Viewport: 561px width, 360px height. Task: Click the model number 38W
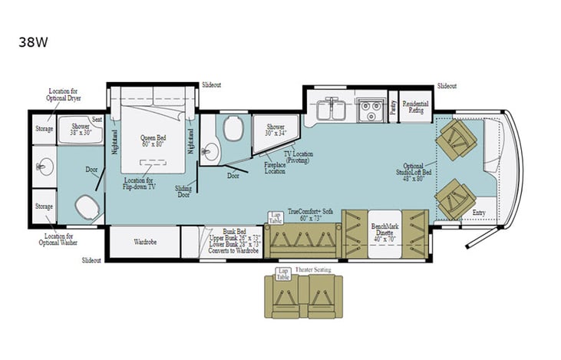(33, 43)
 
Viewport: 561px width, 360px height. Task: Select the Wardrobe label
(145, 242)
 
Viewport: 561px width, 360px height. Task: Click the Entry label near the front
(479, 213)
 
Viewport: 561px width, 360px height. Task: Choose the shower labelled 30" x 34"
(275, 130)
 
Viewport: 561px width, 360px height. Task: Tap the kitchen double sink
(331, 110)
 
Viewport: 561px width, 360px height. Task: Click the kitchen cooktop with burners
(371, 110)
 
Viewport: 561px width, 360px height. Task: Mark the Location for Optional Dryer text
(64, 94)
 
